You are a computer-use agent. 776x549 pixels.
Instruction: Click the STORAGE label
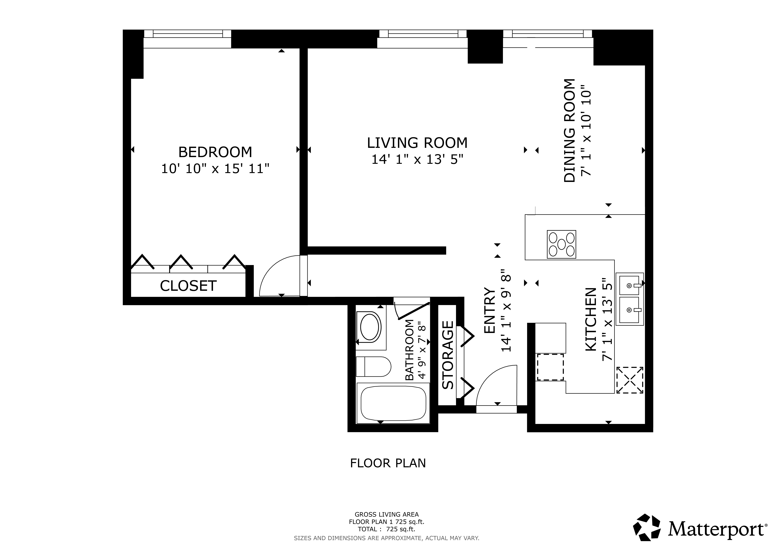(448, 355)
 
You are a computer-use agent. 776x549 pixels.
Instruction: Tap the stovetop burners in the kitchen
(561, 244)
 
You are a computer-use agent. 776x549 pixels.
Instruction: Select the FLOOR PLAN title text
(388, 463)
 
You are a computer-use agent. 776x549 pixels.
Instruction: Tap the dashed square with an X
(630, 380)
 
